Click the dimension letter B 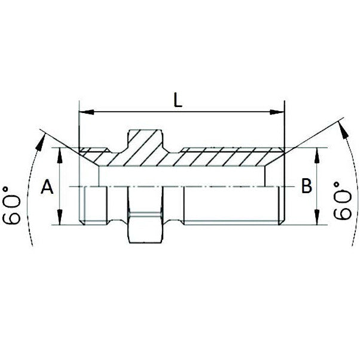306,187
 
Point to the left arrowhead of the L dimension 84,111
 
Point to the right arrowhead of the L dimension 279,111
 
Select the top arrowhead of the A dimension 61,153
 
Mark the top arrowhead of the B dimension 316,152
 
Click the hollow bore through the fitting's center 179,176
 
